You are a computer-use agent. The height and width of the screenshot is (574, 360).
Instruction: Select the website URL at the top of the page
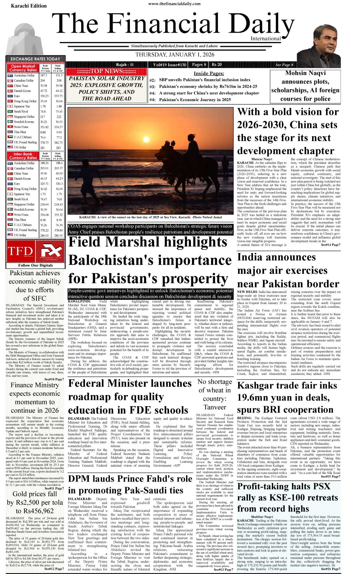174,4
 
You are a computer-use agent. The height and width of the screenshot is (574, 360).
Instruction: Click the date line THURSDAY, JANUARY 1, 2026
175,55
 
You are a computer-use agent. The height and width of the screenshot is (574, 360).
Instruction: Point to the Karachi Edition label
29,6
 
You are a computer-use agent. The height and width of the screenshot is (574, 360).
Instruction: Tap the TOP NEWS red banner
106,72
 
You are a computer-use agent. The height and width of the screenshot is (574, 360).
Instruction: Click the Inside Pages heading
209,73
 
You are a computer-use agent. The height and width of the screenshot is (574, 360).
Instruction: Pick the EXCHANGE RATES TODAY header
35,59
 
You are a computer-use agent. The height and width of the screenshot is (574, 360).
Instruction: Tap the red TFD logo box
20,251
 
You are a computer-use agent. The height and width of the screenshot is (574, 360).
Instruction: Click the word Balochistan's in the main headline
150,260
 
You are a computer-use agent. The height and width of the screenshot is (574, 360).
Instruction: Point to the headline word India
251,257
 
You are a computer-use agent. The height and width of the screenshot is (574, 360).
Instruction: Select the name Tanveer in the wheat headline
215,407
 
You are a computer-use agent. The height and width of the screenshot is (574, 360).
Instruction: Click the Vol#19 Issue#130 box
170,65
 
